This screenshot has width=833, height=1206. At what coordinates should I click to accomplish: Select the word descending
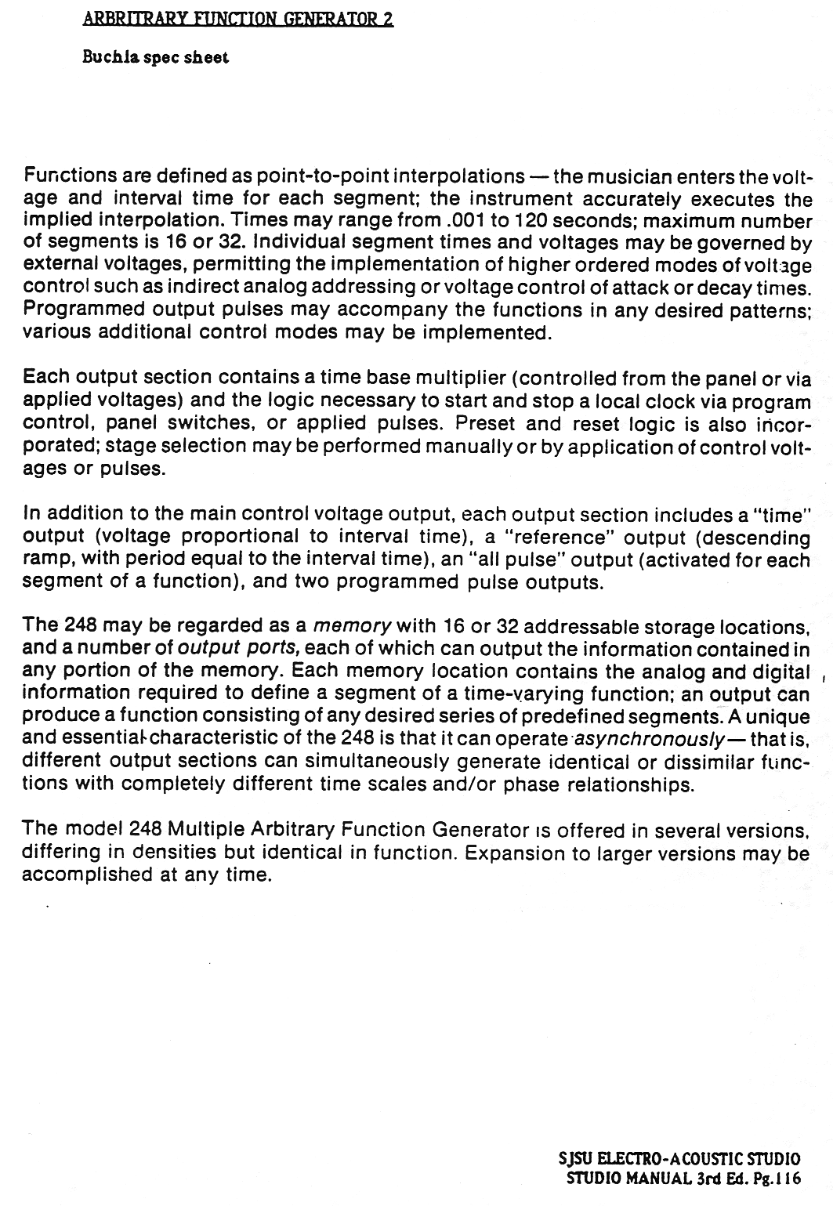click(753, 538)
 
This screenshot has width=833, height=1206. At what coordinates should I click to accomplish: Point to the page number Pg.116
click(780, 1178)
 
